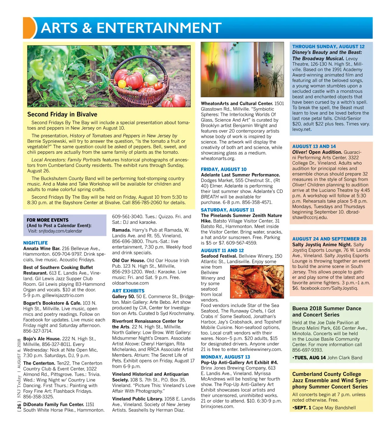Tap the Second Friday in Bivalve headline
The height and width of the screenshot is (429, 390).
click(x=62, y=114)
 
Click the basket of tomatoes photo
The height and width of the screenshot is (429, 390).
click(x=109, y=76)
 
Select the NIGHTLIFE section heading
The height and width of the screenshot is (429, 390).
click(x=35, y=243)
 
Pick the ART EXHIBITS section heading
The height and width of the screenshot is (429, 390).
click(x=128, y=291)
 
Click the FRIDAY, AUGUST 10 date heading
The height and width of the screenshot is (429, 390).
click(x=224, y=169)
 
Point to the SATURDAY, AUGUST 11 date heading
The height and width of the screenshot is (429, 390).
click(x=227, y=210)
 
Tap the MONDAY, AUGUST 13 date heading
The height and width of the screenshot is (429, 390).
click(x=225, y=357)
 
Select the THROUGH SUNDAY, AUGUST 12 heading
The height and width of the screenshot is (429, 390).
click(x=328, y=47)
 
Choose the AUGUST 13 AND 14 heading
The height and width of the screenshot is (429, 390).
click(x=314, y=147)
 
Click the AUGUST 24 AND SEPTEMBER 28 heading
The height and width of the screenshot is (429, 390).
click(x=329, y=239)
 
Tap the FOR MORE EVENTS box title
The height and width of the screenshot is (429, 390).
click(x=47, y=220)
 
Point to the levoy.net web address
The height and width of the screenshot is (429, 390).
click(x=302, y=129)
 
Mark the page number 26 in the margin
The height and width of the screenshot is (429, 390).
click(x=19, y=406)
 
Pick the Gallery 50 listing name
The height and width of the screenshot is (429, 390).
click(x=123, y=297)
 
